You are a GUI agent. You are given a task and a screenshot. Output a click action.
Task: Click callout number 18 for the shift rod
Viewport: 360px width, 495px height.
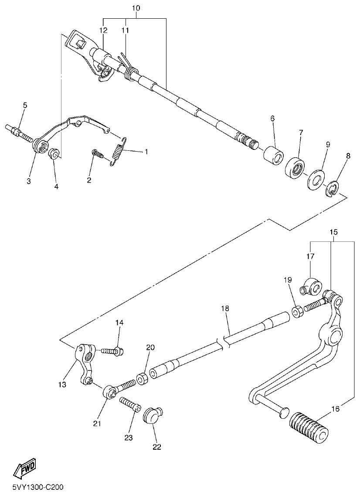pyautogui.click(x=224, y=309)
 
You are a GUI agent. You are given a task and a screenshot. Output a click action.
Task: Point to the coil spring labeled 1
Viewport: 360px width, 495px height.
pyautogui.click(x=117, y=150)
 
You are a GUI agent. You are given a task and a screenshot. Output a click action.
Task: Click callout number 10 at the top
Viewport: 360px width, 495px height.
pyautogui.click(x=136, y=8)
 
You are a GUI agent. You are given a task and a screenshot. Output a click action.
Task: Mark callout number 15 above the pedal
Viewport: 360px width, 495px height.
pyautogui.click(x=333, y=232)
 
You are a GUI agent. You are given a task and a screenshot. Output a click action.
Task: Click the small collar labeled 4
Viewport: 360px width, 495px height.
pyautogui.click(x=54, y=154)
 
